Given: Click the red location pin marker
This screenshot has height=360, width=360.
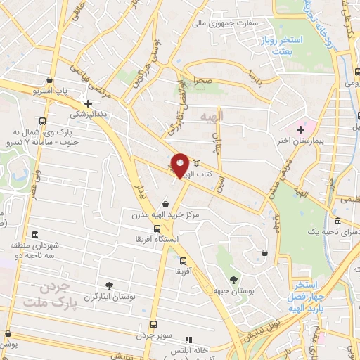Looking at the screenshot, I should (x=181, y=165).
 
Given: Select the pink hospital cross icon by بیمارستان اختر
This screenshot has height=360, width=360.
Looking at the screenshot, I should (x=302, y=129).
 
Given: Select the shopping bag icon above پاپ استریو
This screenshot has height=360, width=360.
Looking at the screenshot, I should (x=48, y=79).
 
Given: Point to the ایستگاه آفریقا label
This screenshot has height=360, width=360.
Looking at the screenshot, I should (x=163, y=239).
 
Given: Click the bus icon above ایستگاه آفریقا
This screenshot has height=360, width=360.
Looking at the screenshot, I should (x=157, y=229).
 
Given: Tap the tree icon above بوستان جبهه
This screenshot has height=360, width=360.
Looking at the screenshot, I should (x=233, y=280).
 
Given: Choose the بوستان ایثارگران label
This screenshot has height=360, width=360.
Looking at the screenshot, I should (x=109, y=297).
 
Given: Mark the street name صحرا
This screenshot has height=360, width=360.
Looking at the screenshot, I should (x=205, y=81).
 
